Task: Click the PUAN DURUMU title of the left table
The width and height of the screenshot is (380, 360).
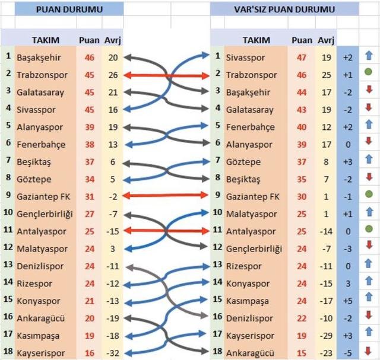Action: coord(69,9)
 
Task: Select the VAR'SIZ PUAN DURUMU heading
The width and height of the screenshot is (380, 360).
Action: coord(284,9)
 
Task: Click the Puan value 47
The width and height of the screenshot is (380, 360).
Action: coord(302,58)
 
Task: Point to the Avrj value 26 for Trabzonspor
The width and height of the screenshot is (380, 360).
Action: coord(113,75)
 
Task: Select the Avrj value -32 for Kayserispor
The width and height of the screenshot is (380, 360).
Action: coord(113,352)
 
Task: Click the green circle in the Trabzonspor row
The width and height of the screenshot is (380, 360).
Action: coord(369,75)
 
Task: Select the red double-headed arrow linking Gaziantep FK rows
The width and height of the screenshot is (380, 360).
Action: coord(166,196)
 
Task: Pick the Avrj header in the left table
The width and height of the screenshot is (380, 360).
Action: coord(112,40)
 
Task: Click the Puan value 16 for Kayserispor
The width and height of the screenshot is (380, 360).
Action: coord(89,352)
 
